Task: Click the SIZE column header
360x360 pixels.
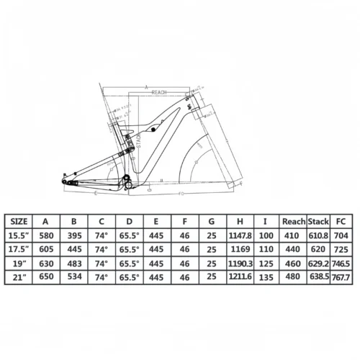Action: [x=20, y=221]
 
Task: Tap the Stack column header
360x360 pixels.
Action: [x=320, y=221]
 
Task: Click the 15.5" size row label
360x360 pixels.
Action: [x=20, y=235]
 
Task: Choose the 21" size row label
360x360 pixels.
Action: [x=20, y=276]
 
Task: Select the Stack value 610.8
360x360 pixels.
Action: [x=320, y=235]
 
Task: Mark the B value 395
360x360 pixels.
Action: [x=73, y=235]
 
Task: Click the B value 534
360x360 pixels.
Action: [x=73, y=276]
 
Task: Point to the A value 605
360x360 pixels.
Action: [x=46, y=248]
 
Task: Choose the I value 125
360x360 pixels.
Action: [x=267, y=263]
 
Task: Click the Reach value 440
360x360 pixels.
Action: [x=292, y=248]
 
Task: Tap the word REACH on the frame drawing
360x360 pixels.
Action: [x=160, y=93]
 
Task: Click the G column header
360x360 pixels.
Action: [x=211, y=221]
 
